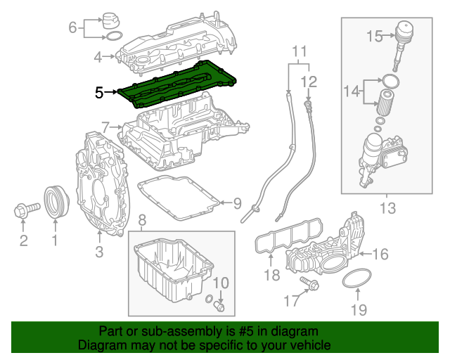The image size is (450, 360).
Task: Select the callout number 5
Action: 99,91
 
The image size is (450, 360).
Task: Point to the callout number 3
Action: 99,251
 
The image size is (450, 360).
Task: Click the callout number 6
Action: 72,27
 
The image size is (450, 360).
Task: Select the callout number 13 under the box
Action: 387,207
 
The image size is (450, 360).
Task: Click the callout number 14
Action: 351,91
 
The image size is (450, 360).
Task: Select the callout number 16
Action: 380,254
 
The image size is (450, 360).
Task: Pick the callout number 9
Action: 237,204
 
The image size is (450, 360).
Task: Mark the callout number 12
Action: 309,82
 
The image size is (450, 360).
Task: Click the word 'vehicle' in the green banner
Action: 303,345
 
